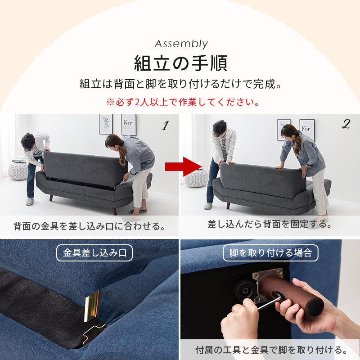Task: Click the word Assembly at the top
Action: coord(181,44)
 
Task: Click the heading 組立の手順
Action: coord(180,63)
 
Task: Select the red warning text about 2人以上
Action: coord(183,102)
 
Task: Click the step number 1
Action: coord(165,126)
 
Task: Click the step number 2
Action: coord(346,125)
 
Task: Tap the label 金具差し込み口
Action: coord(94,253)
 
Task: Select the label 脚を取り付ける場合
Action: coord(270,253)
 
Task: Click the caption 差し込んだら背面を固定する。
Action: coord(270,224)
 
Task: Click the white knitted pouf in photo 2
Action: coord(196,177)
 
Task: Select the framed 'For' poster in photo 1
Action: coord(129,125)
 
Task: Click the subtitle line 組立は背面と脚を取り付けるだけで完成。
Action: coord(180,84)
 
